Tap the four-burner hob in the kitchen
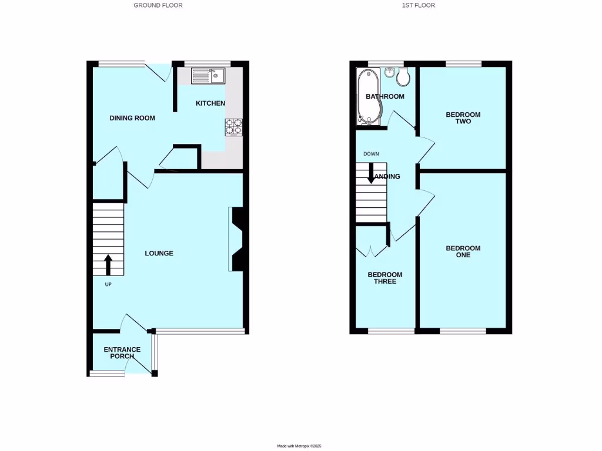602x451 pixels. (x=233, y=127)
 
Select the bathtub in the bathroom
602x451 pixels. (x=368, y=97)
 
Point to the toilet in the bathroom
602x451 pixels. (x=403, y=76)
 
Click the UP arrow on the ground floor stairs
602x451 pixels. (x=108, y=264)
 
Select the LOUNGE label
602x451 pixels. (x=159, y=254)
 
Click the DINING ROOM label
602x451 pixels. (x=132, y=118)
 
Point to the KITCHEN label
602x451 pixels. (x=210, y=103)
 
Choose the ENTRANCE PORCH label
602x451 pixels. (x=122, y=353)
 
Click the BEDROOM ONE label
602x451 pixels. (x=463, y=252)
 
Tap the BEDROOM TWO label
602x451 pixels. (x=463, y=118)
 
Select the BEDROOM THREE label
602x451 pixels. (x=385, y=278)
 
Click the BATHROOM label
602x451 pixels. (x=385, y=96)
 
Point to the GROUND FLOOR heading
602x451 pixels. (x=158, y=5)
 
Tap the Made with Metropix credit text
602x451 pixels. (x=300, y=446)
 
